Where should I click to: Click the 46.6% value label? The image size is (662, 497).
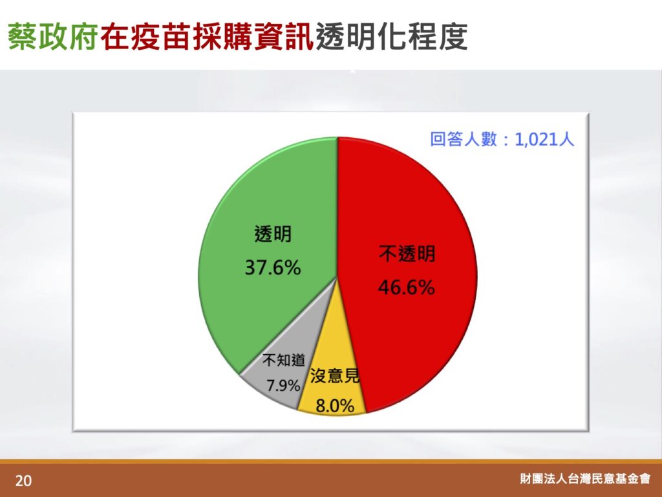click(x=406, y=287)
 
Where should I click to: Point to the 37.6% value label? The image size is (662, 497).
click(x=273, y=267)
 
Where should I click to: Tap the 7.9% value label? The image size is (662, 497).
click(x=283, y=386)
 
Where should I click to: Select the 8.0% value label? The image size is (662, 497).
click(x=335, y=406)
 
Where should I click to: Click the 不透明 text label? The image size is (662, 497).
click(x=407, y=254)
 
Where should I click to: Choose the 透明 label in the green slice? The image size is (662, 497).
click(x=273, y=234)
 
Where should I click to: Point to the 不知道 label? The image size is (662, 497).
click(x=283, y=360)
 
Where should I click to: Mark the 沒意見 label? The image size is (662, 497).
click(x=335, y=375)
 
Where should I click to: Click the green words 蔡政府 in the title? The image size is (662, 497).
click(x=53, y=36)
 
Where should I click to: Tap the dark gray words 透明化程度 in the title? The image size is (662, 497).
click(x=391, y=36)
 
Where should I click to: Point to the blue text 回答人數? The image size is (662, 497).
click(x=464, y=139)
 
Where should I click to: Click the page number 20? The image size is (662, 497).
click(x=24, y=481)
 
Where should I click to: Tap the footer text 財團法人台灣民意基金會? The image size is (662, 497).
click(x=585, y=478)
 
